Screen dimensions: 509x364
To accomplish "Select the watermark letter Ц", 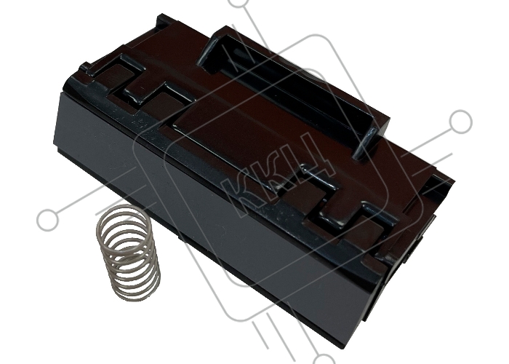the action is coord(311,157).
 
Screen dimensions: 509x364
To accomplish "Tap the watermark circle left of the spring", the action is coord(48,220).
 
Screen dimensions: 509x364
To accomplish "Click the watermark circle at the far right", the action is coord(460,122).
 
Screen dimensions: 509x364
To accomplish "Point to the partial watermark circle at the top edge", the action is coord(239,3).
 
